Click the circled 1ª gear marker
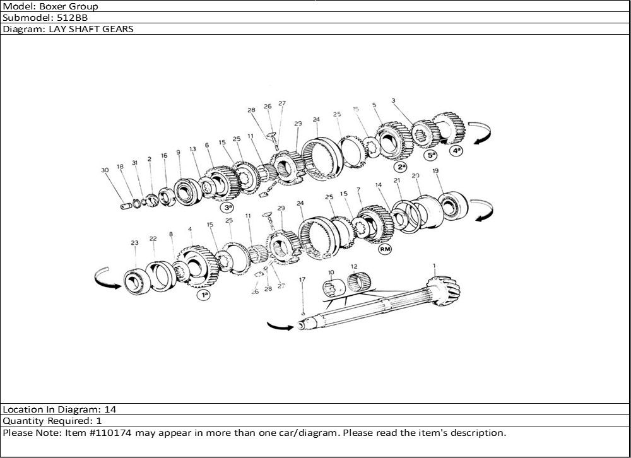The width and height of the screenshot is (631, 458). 204,295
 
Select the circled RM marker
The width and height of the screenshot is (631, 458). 385,249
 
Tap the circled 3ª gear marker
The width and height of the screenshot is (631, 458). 227,208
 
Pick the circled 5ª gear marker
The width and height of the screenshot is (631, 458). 432,155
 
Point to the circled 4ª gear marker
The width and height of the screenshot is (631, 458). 456,151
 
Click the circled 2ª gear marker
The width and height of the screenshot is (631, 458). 401,166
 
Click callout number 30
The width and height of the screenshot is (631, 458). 105,170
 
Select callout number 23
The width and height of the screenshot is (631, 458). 134,243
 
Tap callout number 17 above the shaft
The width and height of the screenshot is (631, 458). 302,279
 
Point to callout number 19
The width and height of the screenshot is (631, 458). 435,171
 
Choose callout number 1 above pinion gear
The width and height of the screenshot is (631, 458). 434,266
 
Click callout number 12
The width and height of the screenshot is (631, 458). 354,266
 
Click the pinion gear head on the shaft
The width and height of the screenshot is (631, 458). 444,290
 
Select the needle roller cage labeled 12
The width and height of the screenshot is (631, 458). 358,281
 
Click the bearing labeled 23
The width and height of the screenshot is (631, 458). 136,281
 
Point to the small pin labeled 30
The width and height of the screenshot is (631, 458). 126,206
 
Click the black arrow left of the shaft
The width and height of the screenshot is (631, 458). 280,326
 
